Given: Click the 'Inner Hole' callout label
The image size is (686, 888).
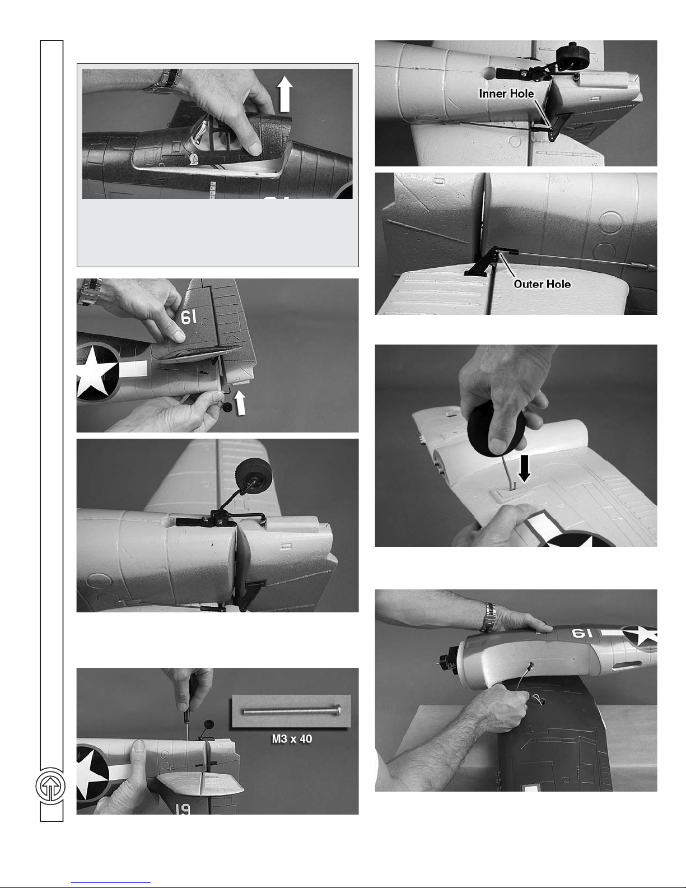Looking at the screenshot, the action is coord(506,94).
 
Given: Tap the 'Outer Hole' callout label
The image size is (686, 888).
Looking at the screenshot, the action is coord(542,284).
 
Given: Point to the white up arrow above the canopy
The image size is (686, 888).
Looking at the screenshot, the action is coord(284,94).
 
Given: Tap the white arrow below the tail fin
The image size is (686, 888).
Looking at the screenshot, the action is coord(240,403).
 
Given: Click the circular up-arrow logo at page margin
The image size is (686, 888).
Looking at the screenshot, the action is coord(50,786).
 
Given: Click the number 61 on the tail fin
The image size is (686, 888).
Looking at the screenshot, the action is coord(189,317).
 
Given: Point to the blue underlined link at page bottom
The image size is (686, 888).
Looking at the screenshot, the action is coord(111,882).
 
